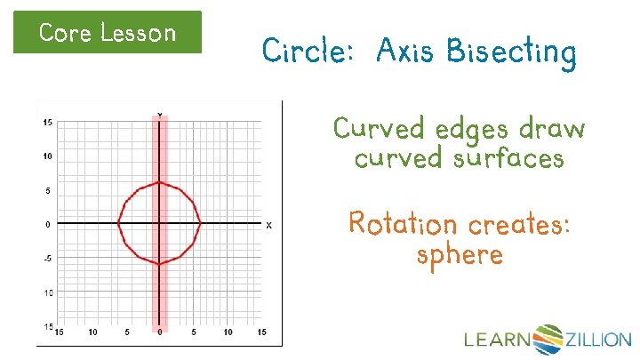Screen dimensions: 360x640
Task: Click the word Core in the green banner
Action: tap(65, 34)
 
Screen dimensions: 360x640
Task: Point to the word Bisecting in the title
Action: tap(511, 54)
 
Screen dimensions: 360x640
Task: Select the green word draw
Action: tap(552, 130)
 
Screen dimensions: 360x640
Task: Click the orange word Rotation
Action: tap(403, 223)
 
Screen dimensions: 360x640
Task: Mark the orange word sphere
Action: tap(459, 255)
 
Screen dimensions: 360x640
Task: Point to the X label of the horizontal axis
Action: tap(268, 226)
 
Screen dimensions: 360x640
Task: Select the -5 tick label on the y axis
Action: tap(48, 259)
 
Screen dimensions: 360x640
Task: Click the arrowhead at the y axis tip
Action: tap(159, 115)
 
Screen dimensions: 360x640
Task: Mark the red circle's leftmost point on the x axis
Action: tap(118, 223)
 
